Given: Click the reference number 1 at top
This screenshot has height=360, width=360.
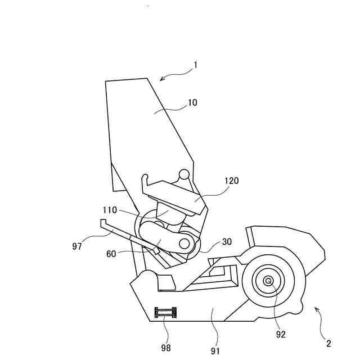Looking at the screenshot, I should tap(195, 65).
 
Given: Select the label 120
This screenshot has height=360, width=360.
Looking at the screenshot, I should tap(231, 181).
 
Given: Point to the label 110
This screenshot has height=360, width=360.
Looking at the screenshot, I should tap(110, 210).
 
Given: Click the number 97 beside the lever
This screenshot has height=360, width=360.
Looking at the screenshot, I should tap(77, 246).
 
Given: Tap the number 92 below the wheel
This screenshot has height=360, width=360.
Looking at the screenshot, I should tap(281, 334).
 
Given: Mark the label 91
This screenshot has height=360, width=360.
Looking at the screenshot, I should tap(215, 351).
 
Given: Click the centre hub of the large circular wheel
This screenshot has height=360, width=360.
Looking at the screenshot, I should tap(268, 281).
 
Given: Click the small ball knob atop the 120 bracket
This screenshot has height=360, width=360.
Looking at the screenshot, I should tap(184, 175).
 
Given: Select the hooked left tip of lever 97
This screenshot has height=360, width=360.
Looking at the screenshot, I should tap(103, 224).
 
